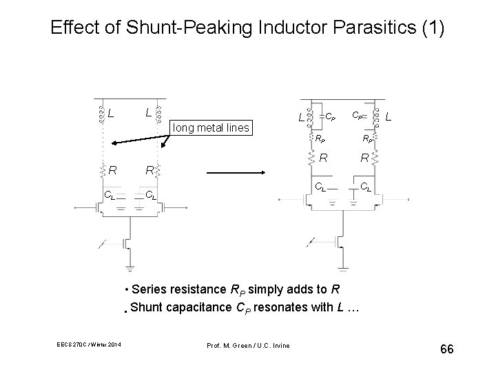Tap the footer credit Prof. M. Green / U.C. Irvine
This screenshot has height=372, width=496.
click(248, 344)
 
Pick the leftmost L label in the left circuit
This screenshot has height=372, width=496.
click(111, 112)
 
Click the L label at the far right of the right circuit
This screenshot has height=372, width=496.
click(389, 119)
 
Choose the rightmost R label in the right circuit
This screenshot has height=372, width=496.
click(364, 159)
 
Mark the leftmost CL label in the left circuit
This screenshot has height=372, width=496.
click(108, 196)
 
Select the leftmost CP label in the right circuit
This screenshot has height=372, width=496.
click(331, 117)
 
